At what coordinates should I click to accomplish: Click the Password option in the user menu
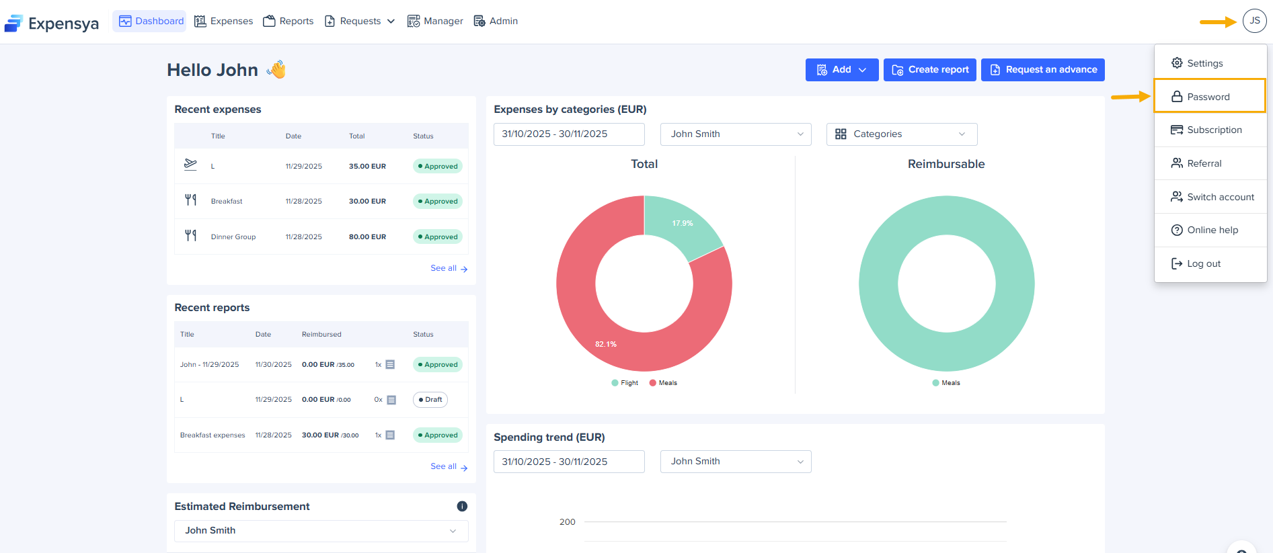click(x=1208, y=97)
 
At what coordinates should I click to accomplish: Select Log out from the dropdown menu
click(x=1203, y=263)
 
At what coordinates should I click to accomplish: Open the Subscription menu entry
click(x=1214, y=130)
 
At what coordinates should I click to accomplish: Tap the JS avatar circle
click(x=1254, y=21)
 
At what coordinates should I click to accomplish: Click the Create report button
click(x=929, y=70)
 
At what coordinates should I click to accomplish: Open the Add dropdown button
click(x=841, y=70)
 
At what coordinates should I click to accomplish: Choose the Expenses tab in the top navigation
click(x=224, y=22)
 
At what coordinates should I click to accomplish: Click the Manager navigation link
click(x=435, y=22)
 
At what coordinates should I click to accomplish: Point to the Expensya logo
click(x=52, y=24)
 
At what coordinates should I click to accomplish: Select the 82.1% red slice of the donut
click(x=592, y=323)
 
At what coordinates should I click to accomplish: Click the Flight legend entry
click(x=625, y=383)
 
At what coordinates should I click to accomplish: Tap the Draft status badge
click(x=430, y=400)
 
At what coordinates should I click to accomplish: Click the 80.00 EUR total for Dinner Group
click(x=367, y=237)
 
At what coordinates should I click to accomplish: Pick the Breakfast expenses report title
click(x=213, y=435)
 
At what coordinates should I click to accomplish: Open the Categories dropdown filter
click(x=901, y=134)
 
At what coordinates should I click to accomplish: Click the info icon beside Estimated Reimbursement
click(x=462, y=507)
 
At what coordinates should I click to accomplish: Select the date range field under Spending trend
click(x=568, y=462)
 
